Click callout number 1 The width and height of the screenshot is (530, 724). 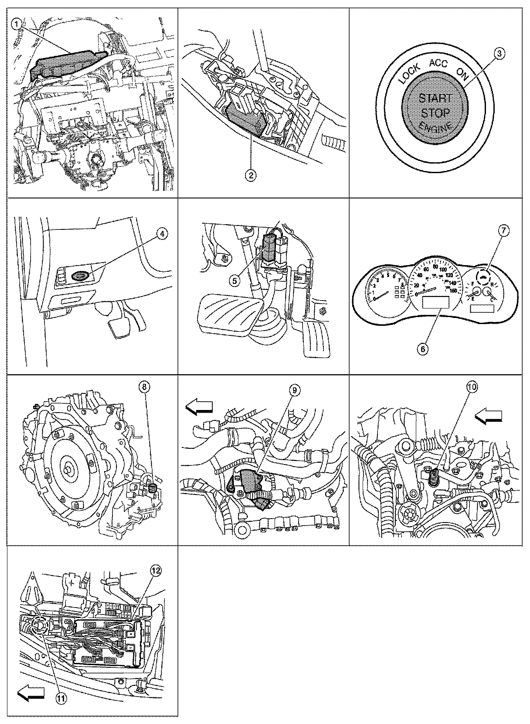click(x=17, y=25)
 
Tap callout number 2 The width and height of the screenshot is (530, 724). click(x=251, y=175)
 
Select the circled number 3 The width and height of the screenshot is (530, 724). click(x=499, y=54)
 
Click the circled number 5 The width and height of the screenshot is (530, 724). click(x=235, y=280)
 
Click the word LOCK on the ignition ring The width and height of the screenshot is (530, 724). click(x=409, y=73)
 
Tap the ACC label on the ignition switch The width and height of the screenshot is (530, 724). click(x=438, y=63)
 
